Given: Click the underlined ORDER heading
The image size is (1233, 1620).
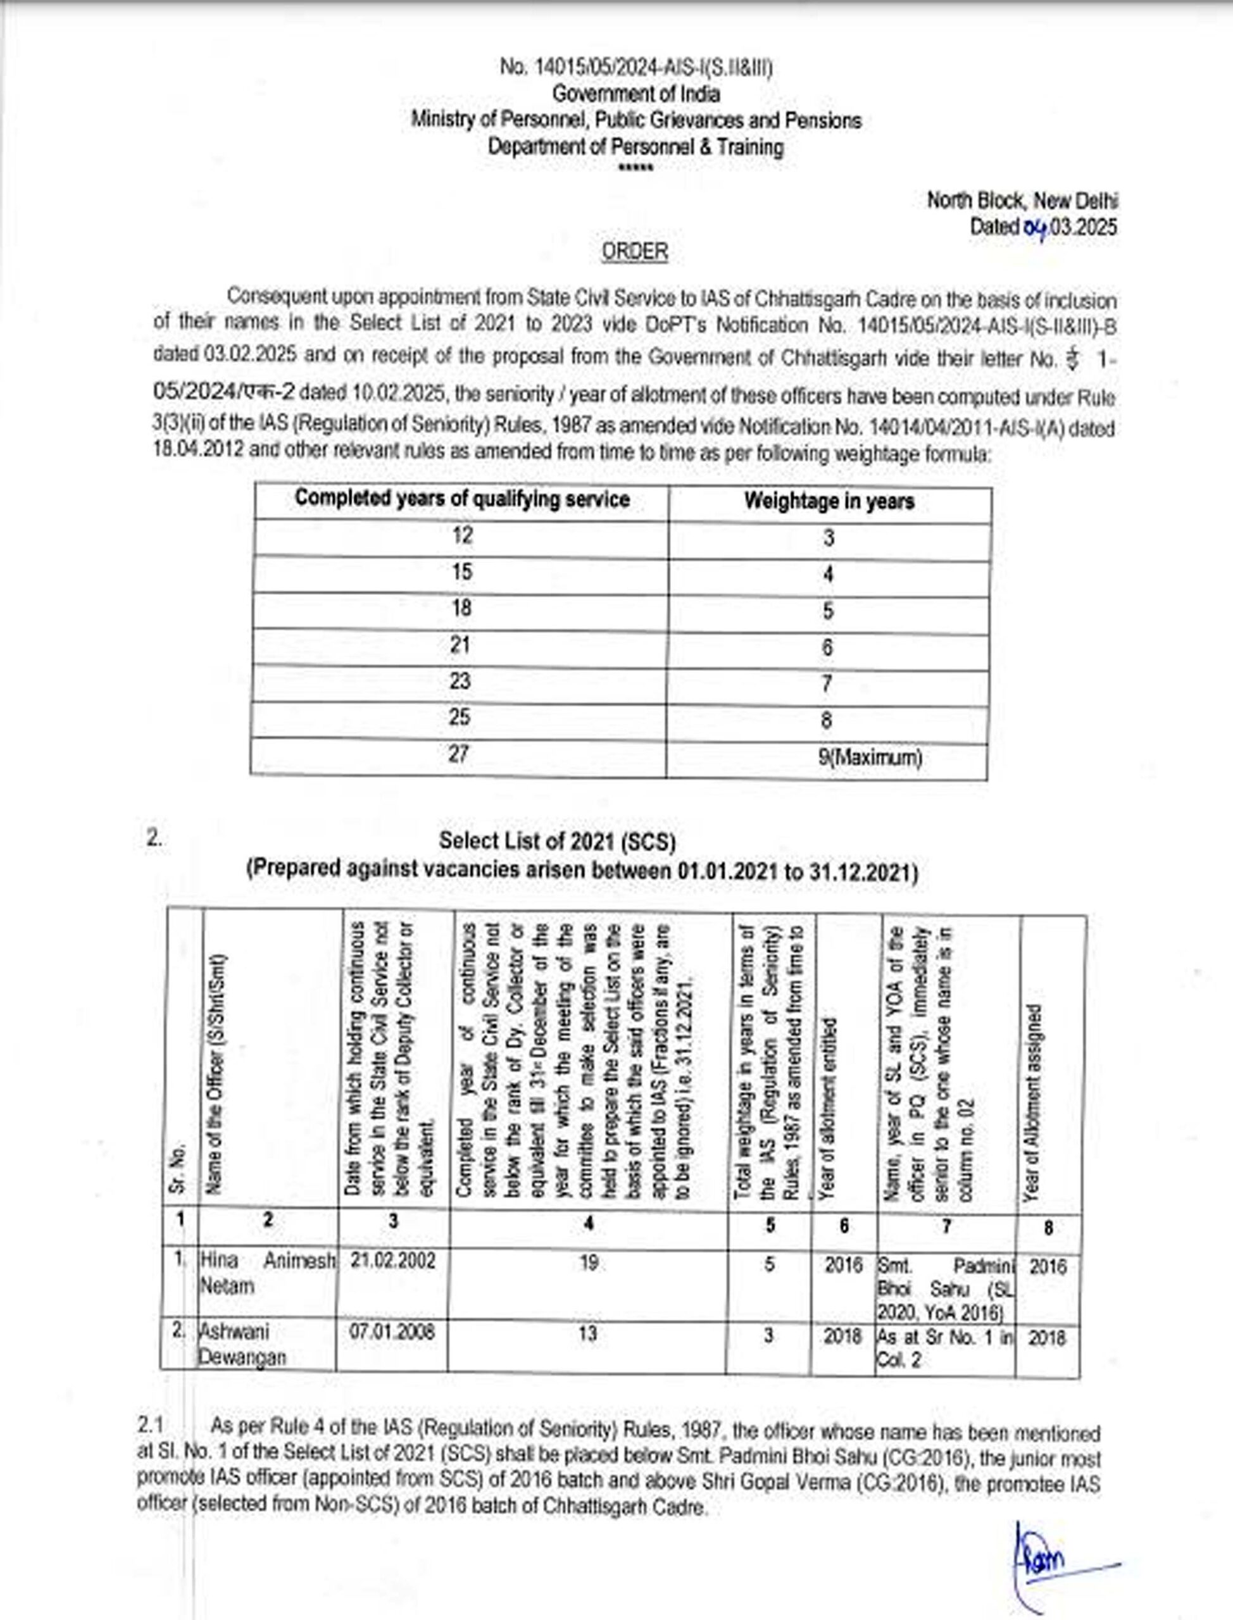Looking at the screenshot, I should pos(635,252).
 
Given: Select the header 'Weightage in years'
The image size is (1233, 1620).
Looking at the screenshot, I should pos(829,502).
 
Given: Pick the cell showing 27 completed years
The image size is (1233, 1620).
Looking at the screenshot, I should pos(459,754).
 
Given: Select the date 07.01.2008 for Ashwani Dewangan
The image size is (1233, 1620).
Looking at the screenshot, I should pos(392,1331).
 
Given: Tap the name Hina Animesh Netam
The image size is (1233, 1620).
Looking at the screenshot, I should pos(267,1273).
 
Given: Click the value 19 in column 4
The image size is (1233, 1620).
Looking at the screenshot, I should pos(589,1262).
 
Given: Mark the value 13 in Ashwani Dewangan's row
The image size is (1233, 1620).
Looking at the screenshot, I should pos(588,1333).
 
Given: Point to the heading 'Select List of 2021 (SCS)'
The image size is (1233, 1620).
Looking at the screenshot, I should pos(557,841).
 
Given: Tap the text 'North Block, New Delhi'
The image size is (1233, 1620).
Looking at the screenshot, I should pos(1022,201).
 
